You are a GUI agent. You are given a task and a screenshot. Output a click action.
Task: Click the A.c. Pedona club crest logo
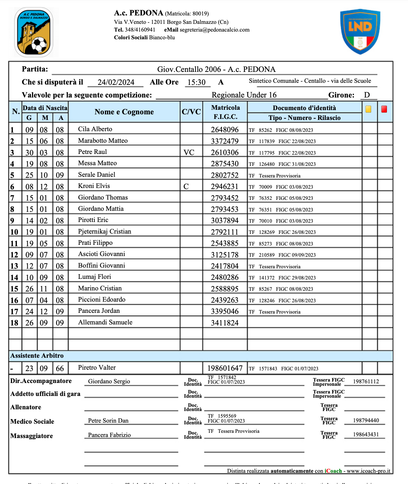[34, 32]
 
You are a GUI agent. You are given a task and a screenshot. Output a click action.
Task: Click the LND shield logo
[360, 32]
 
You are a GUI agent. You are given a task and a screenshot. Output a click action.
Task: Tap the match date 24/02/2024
[116, 82]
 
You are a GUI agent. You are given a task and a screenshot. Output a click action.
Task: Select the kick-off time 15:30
[196, 82]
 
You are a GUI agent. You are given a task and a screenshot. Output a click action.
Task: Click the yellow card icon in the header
[368, 109]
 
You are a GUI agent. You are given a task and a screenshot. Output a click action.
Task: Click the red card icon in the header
[384, 109]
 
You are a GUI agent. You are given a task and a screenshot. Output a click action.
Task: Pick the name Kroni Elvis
[94, 186]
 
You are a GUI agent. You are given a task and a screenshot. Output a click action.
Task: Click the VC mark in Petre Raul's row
[189, 153]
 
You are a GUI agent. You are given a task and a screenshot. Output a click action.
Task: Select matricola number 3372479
[225, 141]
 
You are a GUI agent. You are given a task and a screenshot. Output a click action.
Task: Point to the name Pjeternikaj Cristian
[105, 231]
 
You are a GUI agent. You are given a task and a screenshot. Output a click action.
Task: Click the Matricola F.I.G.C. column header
[225, 112]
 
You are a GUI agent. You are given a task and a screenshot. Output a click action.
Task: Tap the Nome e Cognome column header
[124, 112]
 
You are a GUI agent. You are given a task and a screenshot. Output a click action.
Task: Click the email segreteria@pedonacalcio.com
[215, 30]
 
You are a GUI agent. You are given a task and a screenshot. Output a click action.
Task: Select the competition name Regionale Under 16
[244, 95]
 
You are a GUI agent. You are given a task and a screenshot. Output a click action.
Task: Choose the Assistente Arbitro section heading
[37, 356]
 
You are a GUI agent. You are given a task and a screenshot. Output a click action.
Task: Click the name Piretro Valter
[97, 368]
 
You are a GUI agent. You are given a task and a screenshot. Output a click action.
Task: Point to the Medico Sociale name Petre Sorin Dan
[108, 421]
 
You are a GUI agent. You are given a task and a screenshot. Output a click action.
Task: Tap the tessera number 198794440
[366, 421]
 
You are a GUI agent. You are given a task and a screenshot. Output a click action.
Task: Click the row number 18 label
[14, 323]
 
